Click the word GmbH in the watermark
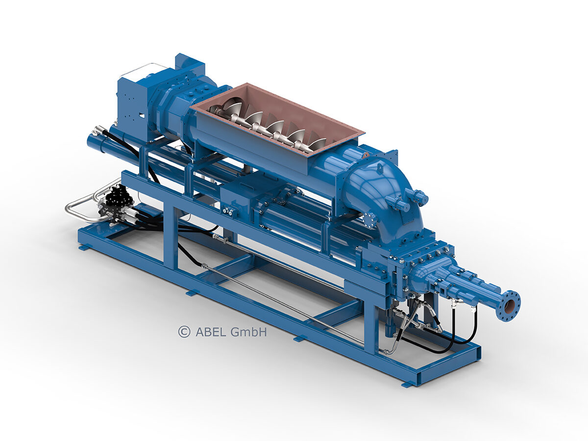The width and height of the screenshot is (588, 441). (x=248, y=332)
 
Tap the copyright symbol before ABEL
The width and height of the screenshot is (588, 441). (x=184, y=332)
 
